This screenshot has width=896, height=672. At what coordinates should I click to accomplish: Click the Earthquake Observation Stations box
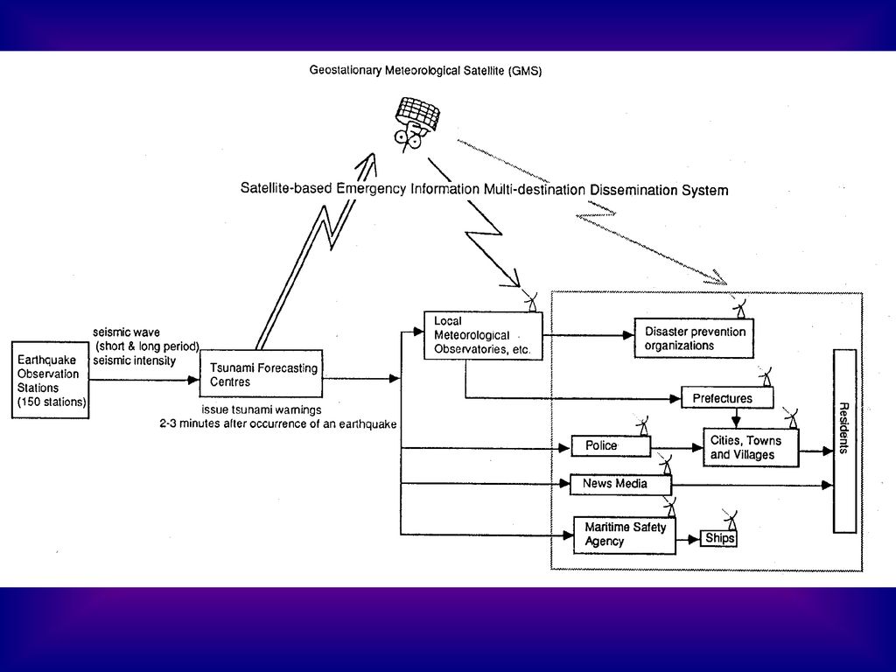(50, 380)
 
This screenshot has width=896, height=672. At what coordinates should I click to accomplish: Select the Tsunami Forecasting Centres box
(261, 374)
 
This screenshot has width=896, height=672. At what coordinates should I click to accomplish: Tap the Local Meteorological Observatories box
(483, 335)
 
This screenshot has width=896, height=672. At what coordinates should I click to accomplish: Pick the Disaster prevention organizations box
(694, 339)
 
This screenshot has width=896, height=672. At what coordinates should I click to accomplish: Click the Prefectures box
(727, 398)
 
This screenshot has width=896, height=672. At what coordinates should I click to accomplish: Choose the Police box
(611, 445)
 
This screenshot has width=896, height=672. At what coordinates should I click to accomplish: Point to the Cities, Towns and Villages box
(751, 447)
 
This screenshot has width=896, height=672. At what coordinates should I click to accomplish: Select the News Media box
(620, 484)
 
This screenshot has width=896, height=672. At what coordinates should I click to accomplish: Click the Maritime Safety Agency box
(625, 535)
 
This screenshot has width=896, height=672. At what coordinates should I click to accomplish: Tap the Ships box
(718, 538)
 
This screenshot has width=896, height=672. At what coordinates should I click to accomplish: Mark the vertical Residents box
(844, 441)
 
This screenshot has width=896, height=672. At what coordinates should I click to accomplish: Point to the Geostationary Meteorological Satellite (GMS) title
(426, 70)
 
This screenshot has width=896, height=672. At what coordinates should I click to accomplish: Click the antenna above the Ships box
(730, 520)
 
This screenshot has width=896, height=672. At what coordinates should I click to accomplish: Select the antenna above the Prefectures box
(766, 376)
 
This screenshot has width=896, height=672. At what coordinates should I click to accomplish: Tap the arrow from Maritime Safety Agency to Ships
(688, 539)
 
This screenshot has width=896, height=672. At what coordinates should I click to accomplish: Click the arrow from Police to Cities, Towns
(677, 448)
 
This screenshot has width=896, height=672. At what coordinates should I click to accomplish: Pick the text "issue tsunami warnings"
(261, 409)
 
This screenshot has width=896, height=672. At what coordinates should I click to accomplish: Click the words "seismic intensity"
(134, 360)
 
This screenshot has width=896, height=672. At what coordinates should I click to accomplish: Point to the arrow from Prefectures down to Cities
(736, 418)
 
